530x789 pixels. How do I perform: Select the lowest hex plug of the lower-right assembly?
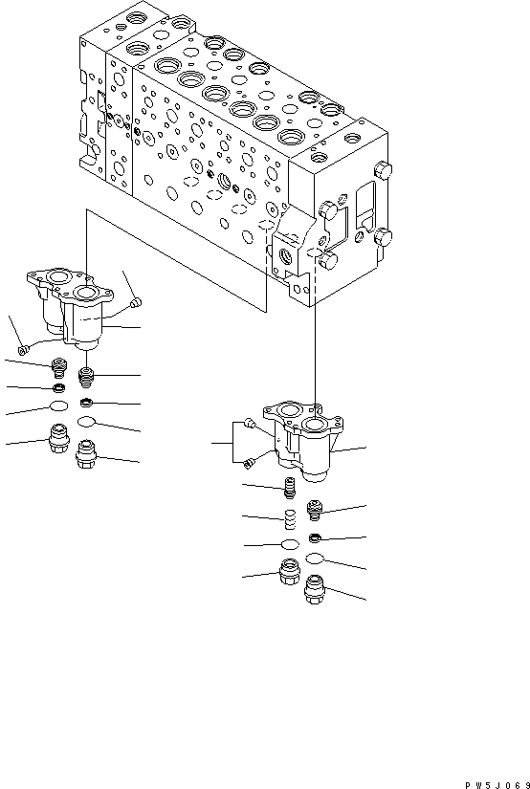tap(315, 595)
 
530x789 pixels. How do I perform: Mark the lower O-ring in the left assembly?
tap(87, 421)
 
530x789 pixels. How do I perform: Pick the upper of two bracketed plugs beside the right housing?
tap(249, 423)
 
